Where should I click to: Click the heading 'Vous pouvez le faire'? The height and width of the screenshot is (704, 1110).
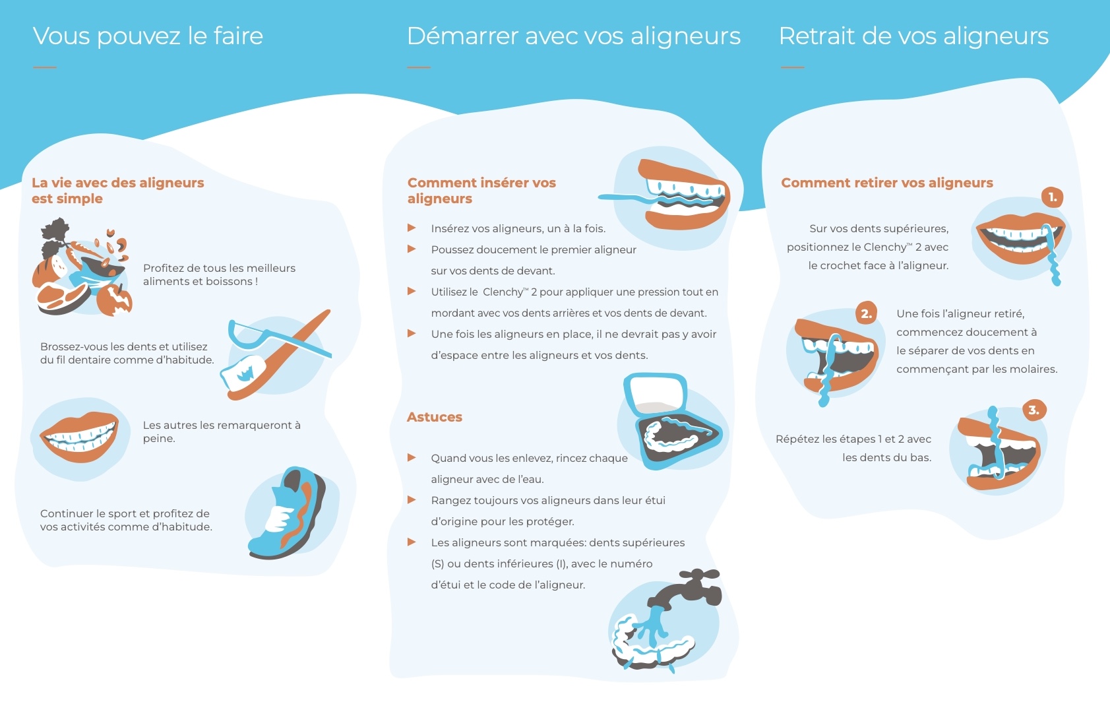pos(148,37)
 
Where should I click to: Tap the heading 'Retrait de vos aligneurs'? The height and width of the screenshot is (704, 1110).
pos(913,36)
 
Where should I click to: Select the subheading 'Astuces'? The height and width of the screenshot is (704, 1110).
pos(434,417)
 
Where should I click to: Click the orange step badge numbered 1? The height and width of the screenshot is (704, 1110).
pos(1052,197)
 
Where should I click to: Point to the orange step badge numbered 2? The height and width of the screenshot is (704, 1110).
pos(866,313)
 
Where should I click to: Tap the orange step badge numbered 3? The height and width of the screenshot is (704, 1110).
pos(1034,410)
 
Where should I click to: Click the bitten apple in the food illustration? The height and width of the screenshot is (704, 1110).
pos(115,300)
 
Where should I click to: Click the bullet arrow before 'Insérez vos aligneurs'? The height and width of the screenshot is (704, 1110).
pos(412,228)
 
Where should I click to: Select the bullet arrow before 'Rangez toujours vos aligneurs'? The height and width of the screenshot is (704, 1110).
pos(412,499)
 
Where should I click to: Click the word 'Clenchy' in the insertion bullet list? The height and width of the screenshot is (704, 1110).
pos(503,292)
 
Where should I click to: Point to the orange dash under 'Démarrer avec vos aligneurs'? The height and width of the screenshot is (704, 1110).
pos(419,67)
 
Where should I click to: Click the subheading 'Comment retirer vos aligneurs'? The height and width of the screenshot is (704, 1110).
pos(887,183)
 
